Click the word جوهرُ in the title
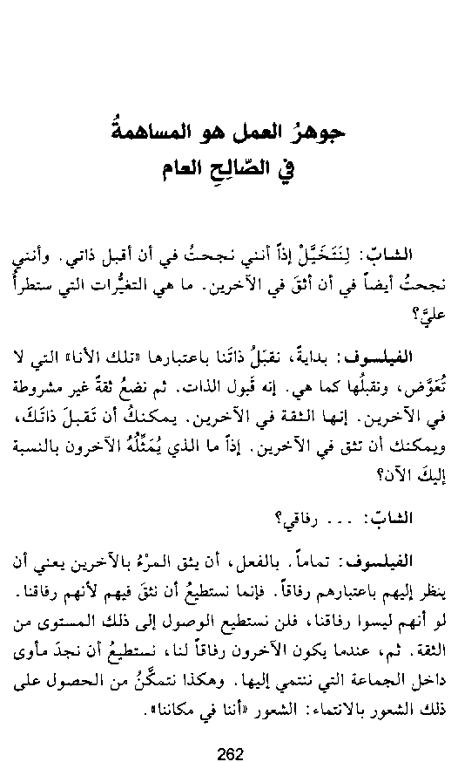[x=321, y=134]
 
